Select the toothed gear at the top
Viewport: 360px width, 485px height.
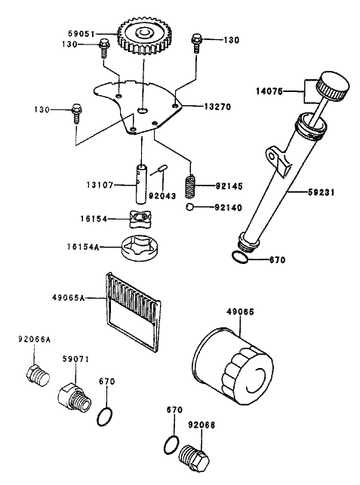pos(146,38)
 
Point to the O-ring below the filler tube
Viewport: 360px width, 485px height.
pos(238,260)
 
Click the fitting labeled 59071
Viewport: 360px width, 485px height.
pos(72,395)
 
